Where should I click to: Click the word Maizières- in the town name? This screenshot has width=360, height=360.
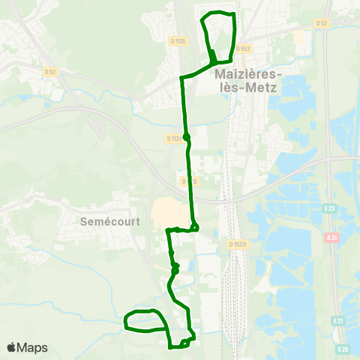pyautogui.click(x=246, y=74)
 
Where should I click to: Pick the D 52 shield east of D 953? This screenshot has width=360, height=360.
pyautogui.click(x=322, y=23)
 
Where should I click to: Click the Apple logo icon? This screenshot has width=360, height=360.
pyautogui.click(x=12, y=347)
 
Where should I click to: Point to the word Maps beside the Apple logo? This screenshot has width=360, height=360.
pyautogui.click(x=34, y=347)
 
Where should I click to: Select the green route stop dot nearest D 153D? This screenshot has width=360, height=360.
pyautogui.click(x=194, y=227)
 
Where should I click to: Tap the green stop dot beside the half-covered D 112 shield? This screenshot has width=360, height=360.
pyautogui.click(x=187, y=136)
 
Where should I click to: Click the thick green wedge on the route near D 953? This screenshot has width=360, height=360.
pyautogui.click(x=213, y=55)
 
